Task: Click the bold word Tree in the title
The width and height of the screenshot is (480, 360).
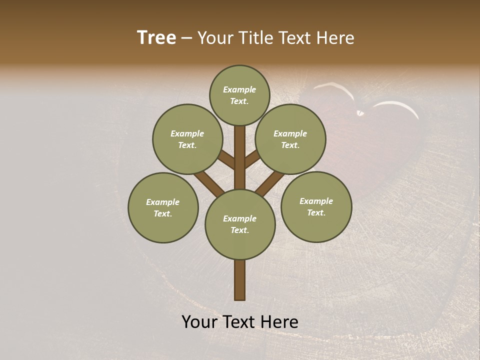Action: [156, 38]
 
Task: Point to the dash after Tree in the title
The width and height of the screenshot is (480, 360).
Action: [186, 38]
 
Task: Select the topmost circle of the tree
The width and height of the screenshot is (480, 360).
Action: [239, 95]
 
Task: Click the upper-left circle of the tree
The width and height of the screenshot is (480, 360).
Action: [187, 139]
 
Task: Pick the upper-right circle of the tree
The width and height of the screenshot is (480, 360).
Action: [290, 139]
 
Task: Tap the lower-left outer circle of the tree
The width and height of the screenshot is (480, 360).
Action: [163, 207]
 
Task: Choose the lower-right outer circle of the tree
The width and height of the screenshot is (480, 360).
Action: [316, 206]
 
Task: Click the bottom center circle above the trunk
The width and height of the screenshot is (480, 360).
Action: [240, 224]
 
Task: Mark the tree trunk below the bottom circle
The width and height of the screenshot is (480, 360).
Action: [240, 280]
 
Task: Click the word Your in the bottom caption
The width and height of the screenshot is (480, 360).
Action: [199, 322]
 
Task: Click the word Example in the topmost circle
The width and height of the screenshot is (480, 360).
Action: [239, 90]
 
